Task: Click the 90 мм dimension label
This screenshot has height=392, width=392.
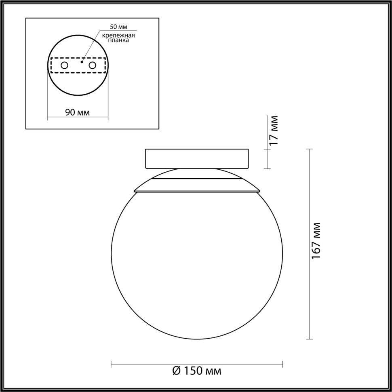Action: [78, 112]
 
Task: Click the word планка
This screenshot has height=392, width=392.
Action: [118, 41]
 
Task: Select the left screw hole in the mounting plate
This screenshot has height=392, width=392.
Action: [64, 65]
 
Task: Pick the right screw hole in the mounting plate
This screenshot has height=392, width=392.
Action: [93, 65]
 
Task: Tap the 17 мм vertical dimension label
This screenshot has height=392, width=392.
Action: [274, 130]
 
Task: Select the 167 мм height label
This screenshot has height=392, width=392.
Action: [316, 241]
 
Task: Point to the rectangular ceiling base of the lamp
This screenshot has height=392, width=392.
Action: [197, 158]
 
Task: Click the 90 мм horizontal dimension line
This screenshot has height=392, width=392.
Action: [78, 118]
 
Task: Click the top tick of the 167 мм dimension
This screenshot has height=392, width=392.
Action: [310, 149]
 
